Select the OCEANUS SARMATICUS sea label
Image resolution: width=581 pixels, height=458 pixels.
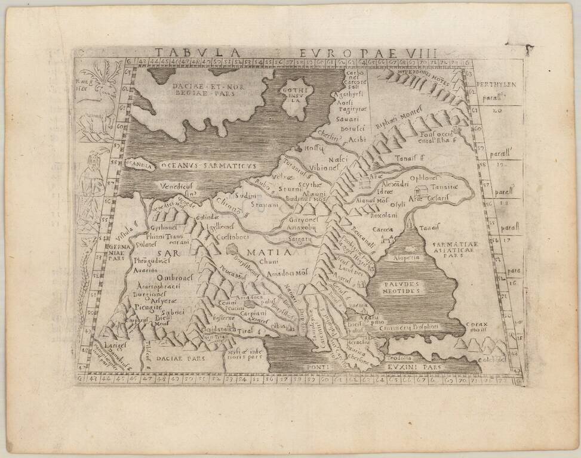(x=208, y=164)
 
